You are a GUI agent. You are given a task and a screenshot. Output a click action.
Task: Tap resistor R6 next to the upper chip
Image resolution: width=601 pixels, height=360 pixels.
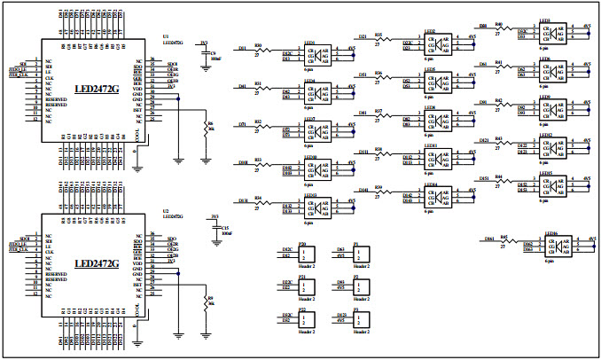pos(206,129)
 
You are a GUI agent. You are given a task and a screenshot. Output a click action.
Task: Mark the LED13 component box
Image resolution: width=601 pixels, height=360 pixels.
pos(317,207)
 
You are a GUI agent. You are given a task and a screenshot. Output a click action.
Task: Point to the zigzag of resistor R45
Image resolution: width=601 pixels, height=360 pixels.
pos(505,240)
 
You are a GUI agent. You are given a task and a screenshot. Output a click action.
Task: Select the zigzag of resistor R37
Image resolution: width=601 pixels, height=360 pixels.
pos(380,117)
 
